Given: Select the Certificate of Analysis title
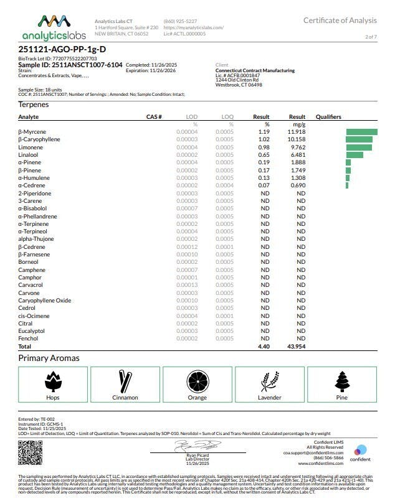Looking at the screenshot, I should click(x=340, y=21).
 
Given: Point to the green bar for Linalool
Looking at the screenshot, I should click(x=355, y=155).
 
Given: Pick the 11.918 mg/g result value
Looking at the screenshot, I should click(x=297, y=132).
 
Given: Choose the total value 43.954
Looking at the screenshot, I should click(x=296, y=346).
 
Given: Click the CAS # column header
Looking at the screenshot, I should click(x=154, y=116).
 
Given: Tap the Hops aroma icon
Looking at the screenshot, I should click(x=53, y=382).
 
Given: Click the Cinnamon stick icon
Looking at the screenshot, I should click(x=125, y=381).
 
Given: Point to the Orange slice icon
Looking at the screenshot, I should click(x=197, y=381).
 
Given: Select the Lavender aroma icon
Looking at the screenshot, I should click(x=269, y=381).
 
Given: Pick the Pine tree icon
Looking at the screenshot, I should click(x=341, y=381).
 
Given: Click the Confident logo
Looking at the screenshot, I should click(x=361, y=454).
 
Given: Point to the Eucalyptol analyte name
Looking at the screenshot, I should click(x=32, y=330).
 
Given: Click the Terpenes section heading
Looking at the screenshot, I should click(x=34, y=105).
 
